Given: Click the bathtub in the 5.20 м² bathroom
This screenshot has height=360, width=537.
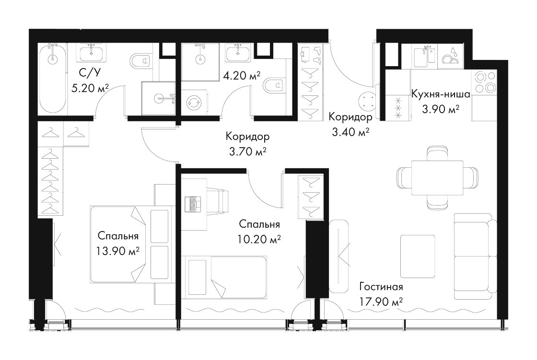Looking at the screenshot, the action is pos(52,78).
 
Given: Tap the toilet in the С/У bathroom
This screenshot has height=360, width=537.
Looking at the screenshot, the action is pos(140,61).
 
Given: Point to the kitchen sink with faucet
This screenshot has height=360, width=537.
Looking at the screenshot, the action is pos(424,56).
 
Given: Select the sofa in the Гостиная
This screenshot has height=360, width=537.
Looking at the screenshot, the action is pos(475,256).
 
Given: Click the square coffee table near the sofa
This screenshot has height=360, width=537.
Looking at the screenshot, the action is pos(418,256).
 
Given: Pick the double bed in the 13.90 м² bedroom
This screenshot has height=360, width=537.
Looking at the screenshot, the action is pos(129,244).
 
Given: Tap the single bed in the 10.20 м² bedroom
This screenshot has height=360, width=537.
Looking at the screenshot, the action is pos(224,276).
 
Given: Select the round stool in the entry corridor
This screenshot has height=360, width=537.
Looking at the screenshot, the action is pos(367,102).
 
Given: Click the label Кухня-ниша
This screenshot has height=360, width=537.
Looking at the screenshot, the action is pos(441,94).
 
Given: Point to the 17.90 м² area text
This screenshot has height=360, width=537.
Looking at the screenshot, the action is pos(381,302).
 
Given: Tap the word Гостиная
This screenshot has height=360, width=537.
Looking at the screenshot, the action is pos(381,287).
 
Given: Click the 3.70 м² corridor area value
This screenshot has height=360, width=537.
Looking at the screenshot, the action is pos(247,151).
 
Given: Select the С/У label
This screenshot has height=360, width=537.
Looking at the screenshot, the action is pos(90,73).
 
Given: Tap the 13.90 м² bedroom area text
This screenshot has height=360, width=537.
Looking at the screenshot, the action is pos(118,252).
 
